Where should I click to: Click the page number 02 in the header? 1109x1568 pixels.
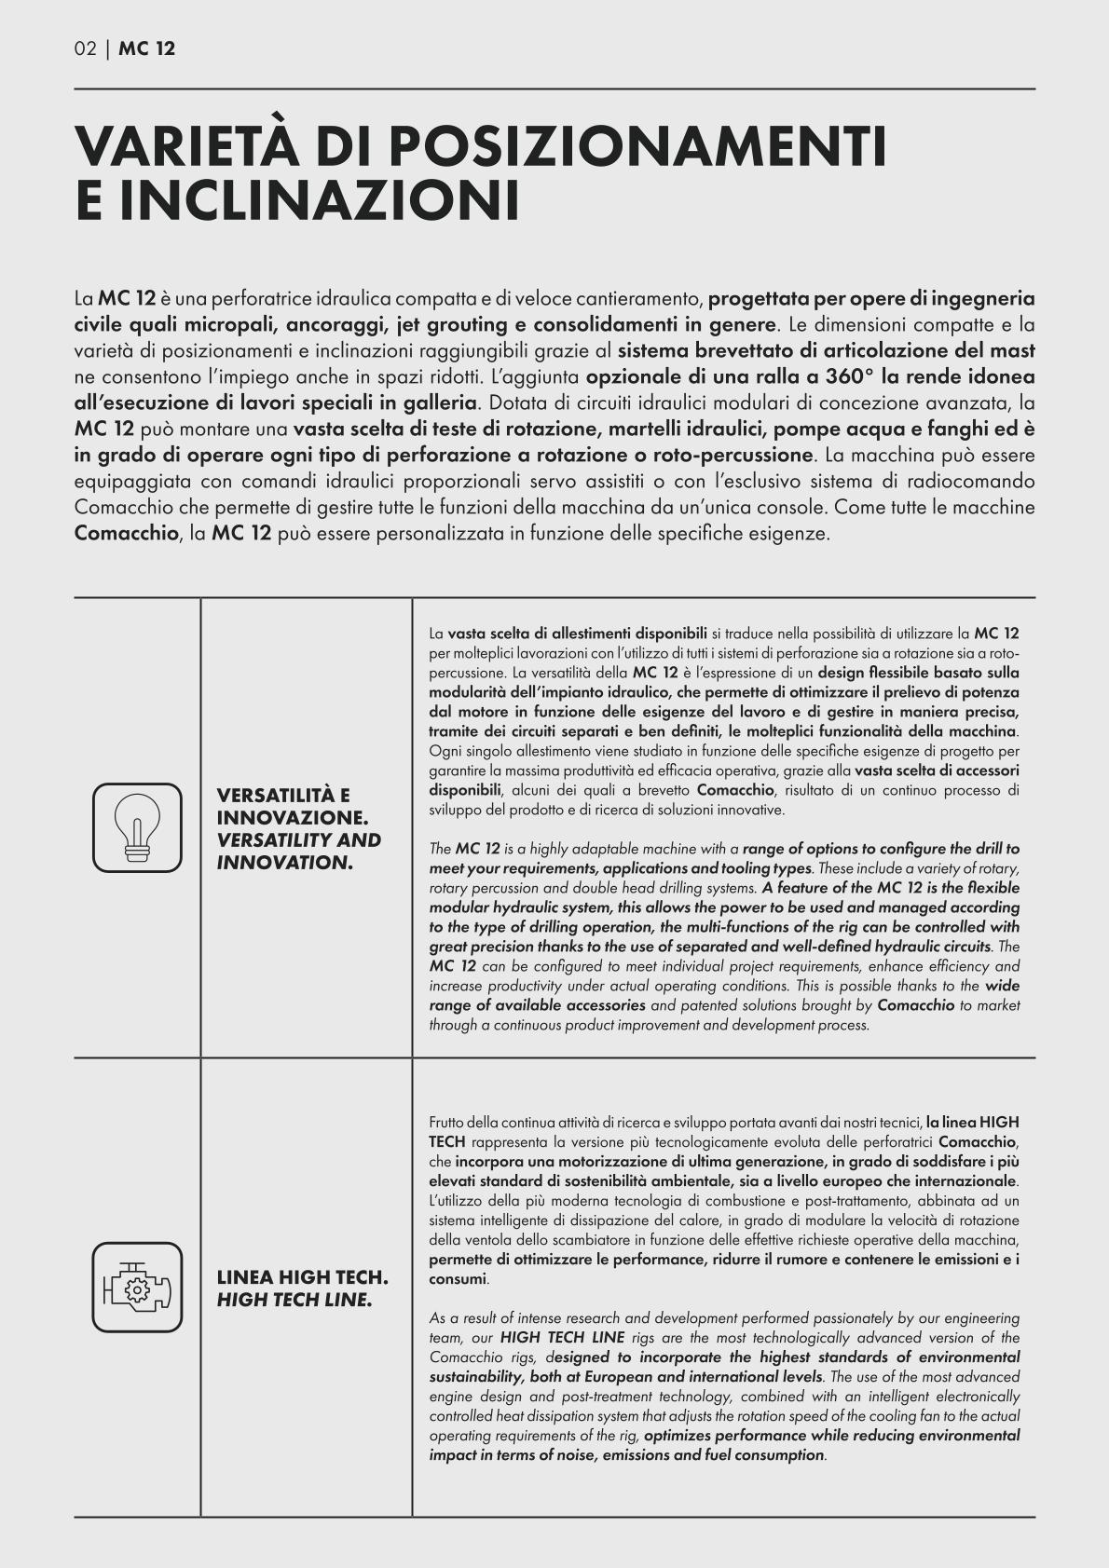point(85,48)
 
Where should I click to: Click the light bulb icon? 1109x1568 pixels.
point(137,827)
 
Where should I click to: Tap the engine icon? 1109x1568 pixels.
point(137,1287)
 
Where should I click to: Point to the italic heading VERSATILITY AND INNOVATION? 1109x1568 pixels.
point(298,851)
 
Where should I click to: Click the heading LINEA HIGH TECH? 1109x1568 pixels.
point(302,1276)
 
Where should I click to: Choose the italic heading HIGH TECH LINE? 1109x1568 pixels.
point(294,1299)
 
